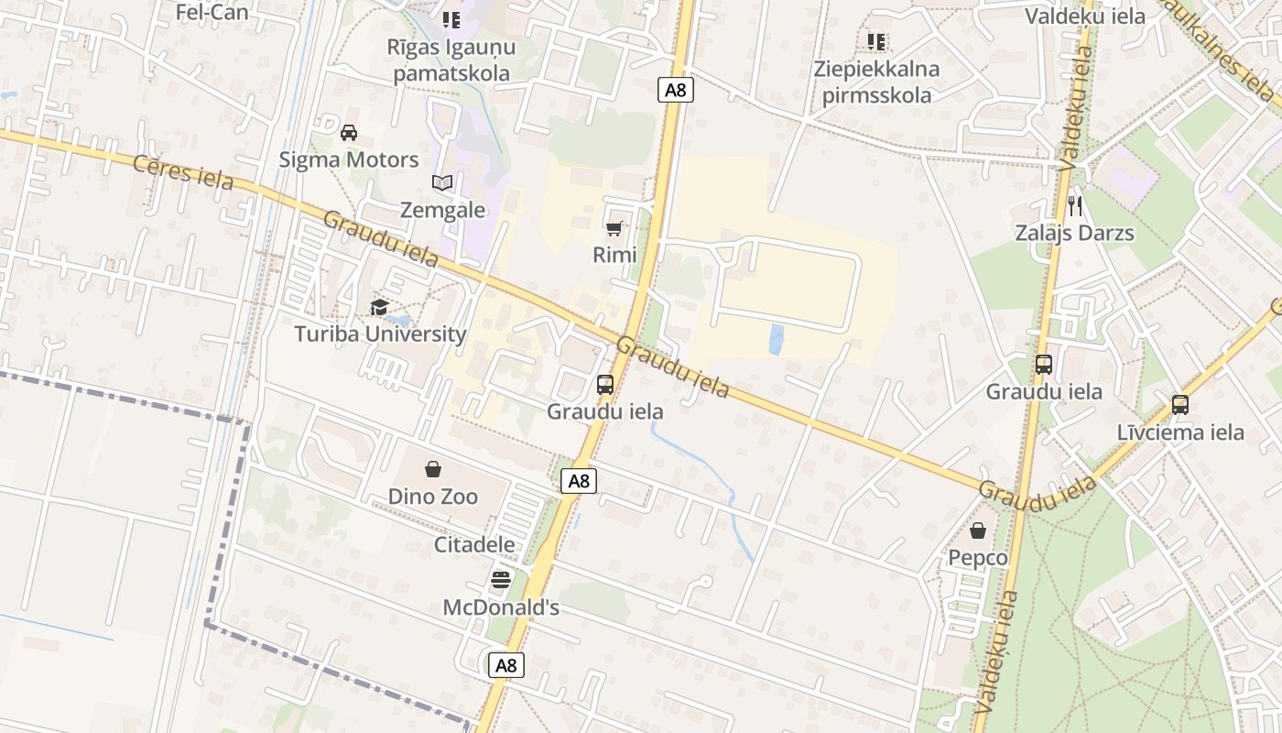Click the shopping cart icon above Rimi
coord(614,228)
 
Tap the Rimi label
coord(614,255)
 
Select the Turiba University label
coord(380,334)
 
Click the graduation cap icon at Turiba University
coord(379,307)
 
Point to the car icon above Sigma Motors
coord(349,133)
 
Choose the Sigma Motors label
coord(349,159)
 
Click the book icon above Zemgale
coord(442,183)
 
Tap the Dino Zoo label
coord(433,497)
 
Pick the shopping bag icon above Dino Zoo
coord(433,470)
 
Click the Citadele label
coord(474,545)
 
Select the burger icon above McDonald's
coord(500,579)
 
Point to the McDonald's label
coord(501,607)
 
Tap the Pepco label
coord(978,558)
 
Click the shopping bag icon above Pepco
coord(978,531)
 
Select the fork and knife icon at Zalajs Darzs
coord(1075,206)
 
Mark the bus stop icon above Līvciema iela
coord(1180,405)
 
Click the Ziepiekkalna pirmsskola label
coord(876,82)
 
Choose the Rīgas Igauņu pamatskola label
coord(451,60)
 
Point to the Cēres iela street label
coord(183,172)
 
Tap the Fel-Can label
coord(212,13)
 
